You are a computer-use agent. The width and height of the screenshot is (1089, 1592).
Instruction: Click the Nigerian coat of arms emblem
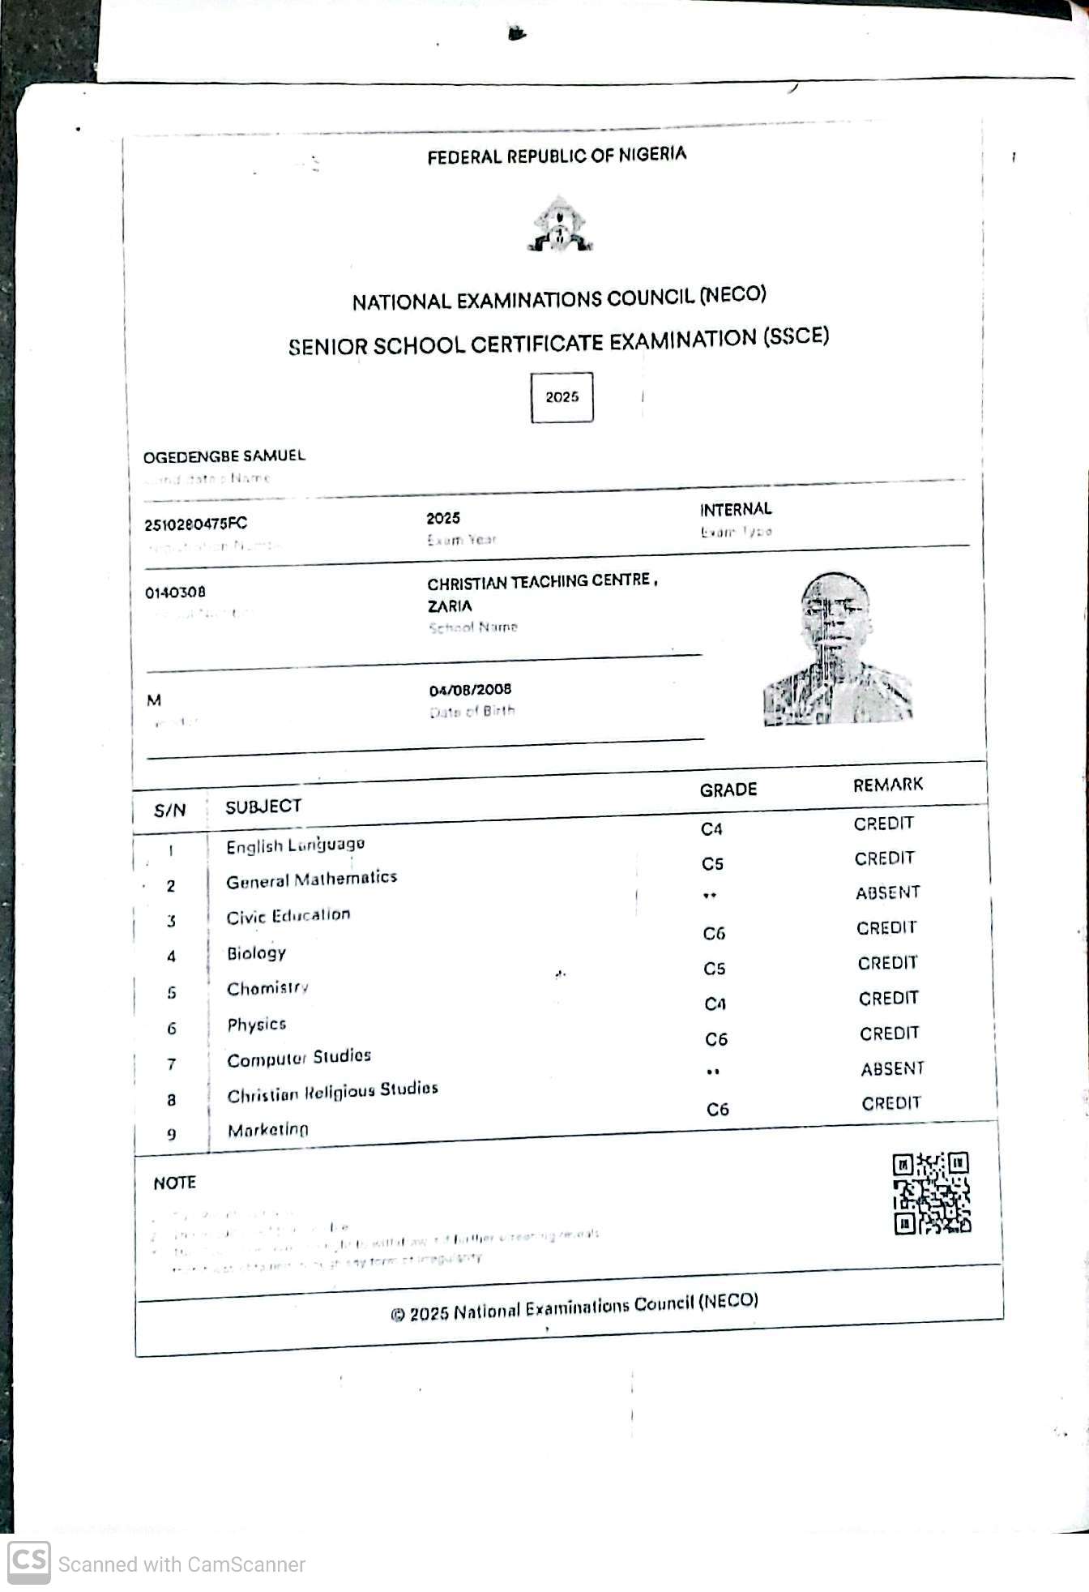coord(560,225)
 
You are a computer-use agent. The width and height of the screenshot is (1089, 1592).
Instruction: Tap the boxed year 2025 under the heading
coord(562,397)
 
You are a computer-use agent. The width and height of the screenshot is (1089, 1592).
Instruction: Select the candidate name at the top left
coord(224,456)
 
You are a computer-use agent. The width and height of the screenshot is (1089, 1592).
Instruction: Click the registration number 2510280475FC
coord(195,524)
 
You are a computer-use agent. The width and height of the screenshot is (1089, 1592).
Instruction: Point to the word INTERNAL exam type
coord(736,509)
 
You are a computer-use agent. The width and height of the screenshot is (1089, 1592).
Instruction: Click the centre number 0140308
coord(175,593)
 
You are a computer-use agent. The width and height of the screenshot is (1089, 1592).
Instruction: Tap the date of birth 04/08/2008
coord(470,690)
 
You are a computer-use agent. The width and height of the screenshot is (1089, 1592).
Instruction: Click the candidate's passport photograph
coord(837,649)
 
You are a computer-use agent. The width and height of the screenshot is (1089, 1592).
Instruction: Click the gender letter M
coord(154,700)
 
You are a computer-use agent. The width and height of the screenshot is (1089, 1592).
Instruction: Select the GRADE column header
coord(728,790)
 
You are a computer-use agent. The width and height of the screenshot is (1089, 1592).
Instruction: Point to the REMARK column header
coord(887,785)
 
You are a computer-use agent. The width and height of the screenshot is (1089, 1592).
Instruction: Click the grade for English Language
coord(711,828)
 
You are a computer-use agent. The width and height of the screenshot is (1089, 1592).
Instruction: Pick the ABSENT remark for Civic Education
coord(887,892)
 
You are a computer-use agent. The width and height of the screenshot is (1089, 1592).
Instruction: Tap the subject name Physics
coord(256,1025)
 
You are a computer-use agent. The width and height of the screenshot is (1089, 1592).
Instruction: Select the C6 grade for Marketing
coord(717,1109)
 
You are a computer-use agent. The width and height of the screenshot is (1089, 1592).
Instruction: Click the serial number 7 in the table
coord(171,1063)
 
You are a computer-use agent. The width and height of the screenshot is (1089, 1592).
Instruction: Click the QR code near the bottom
coord(931,1193)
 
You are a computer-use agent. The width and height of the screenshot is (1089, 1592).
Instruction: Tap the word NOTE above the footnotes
coord(174,1183)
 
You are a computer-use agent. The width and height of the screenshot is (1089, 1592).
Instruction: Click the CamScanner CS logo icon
coord(29,1561)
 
